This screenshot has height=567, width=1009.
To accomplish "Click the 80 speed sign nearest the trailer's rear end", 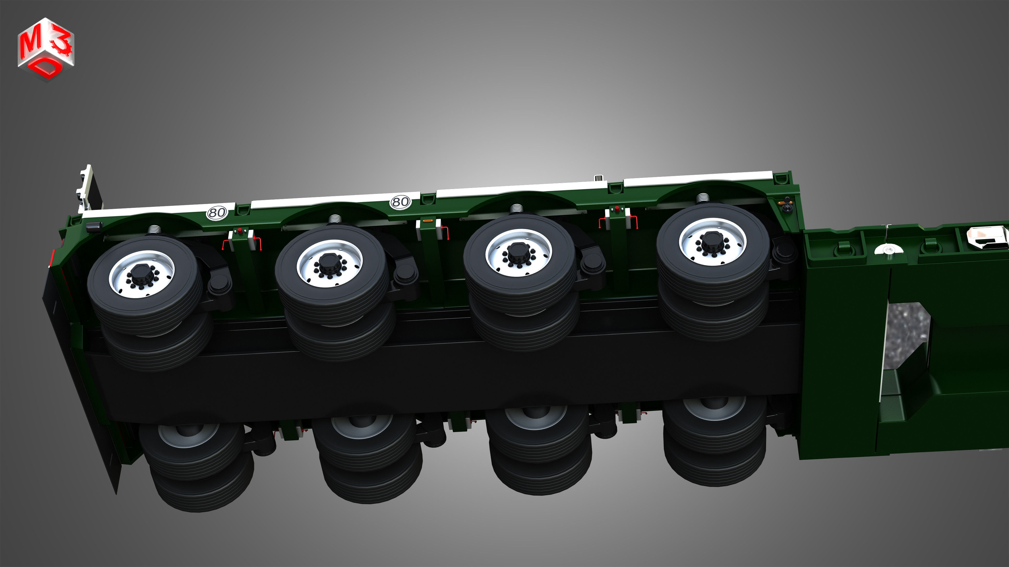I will pyautogui.click(x=217, y=213).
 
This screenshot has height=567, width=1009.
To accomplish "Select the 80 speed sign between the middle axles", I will pyautogui.click(x=400, y=202).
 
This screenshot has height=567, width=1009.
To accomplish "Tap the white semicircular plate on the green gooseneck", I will pyautogui.click(x=888, y=249).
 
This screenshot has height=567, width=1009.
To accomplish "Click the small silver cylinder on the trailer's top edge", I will pyautogui.click(x=598, y=178).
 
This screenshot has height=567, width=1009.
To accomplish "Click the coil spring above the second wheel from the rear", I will pyautogui.click(x=335, y=218).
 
